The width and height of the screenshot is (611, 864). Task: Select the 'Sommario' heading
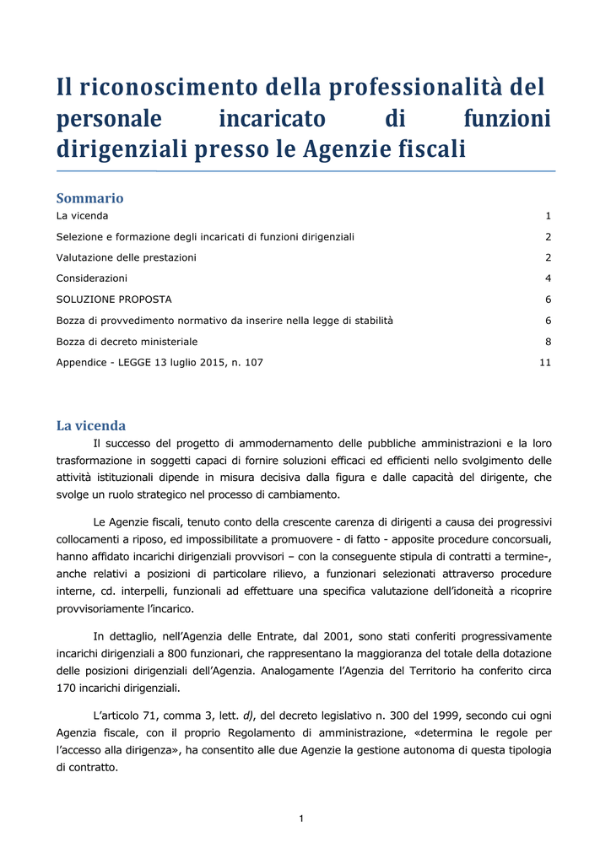pos(89,198)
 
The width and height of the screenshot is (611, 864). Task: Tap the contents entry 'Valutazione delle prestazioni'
pos(126,257)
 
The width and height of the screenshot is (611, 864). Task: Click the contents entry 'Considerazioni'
pos(92,278)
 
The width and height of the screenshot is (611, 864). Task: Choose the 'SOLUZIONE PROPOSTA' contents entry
pos(114,299)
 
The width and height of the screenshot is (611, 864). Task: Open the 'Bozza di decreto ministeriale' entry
pos(127,342)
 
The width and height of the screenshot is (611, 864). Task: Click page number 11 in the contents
pos(545,363)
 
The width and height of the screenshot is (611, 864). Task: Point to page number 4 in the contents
pos(548,278)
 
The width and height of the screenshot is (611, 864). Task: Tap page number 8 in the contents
pos(548,342)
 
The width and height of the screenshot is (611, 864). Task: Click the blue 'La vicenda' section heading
pos(90,425)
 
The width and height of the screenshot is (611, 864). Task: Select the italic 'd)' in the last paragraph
pos(249,715)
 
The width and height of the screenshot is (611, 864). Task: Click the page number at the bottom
pos(301,818)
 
